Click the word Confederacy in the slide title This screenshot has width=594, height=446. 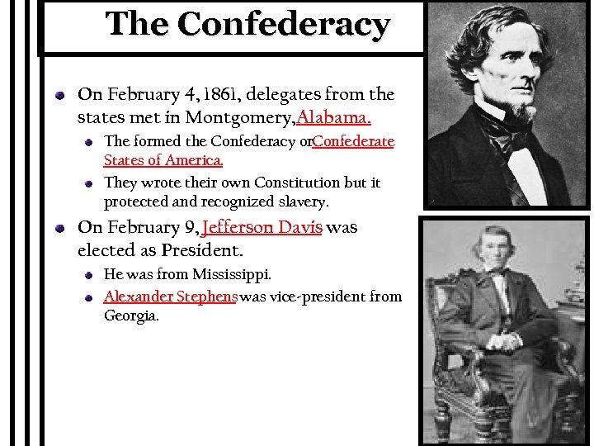(x=283, y=24)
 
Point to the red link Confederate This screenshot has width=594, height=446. (x=353, y=141)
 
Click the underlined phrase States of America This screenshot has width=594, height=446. (x=163, y=160)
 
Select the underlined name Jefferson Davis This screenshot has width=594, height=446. (x=262, y=227)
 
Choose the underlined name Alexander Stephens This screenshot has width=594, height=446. (x=171, y=296)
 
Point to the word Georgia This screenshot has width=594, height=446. (x=131, y=316)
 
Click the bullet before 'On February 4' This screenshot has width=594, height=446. (x=61, y=96)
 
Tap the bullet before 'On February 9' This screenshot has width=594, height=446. (x=61, y=228)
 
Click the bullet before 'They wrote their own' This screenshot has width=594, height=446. (x=90, y=183)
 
